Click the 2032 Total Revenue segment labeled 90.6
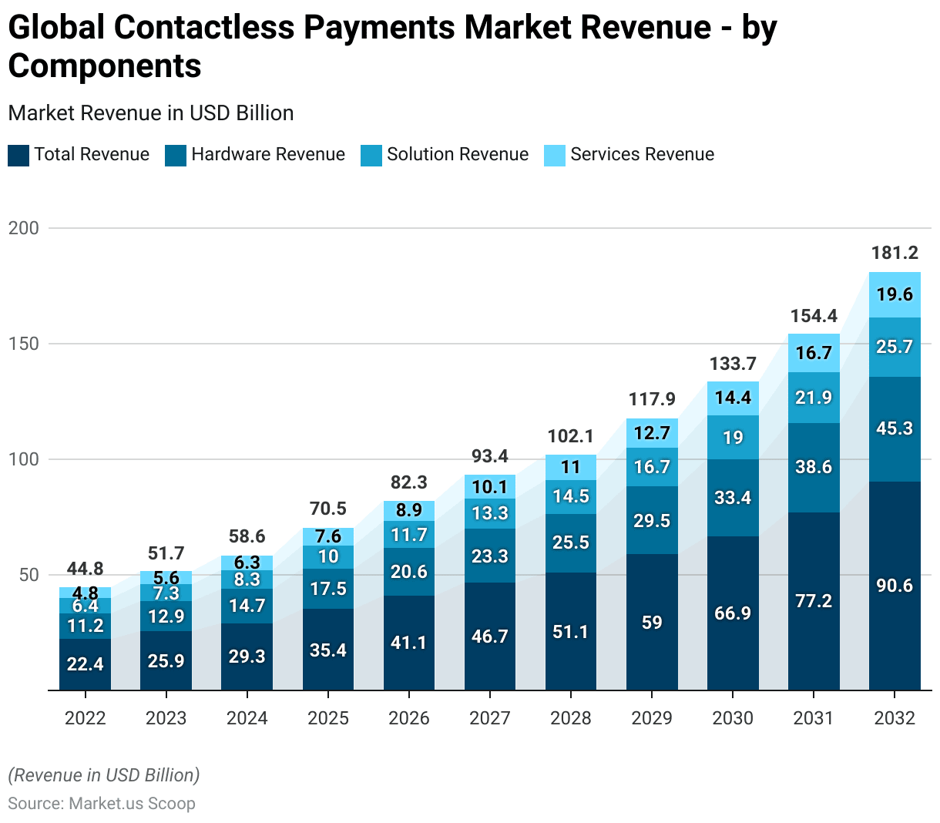coord(895,586)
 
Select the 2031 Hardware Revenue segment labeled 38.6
coord(814,467)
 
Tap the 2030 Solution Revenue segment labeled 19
coord(733,438)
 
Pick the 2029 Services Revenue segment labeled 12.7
coord(652,433)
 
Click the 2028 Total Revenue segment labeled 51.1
coord(571,632)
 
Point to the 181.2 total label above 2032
coord(895,253)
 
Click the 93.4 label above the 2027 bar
coord(490,456)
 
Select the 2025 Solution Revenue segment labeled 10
coord(328,556)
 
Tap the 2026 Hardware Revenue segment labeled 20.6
coord(409,572)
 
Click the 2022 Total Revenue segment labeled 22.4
coord(85,663)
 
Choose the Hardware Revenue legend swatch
coord(176,155)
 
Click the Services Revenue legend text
coord(642,154)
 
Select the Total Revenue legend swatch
coord(18,155)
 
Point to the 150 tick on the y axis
coord(23,344)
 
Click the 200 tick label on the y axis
coord(23,228)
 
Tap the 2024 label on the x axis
coord(247,718)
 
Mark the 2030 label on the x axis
coord(733,718)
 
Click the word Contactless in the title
coord(204,28)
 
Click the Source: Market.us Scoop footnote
coord(102,804)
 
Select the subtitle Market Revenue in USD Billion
coord(151,113)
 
